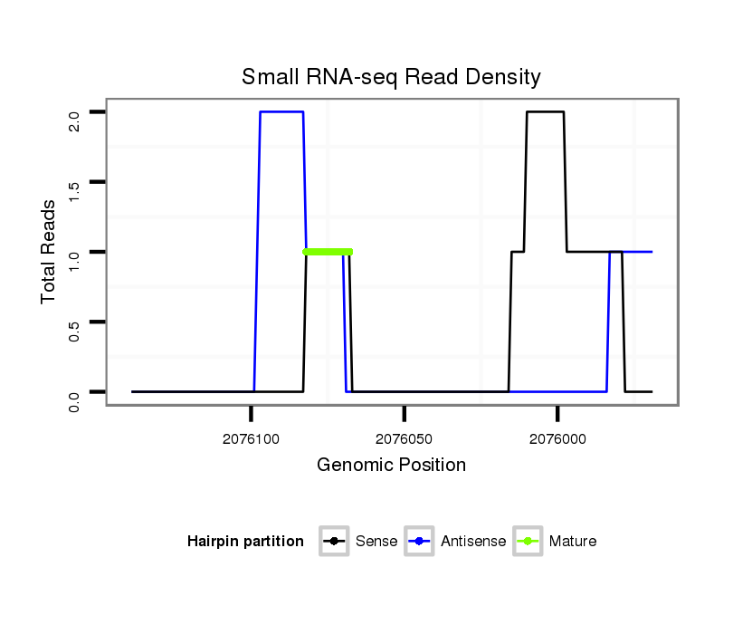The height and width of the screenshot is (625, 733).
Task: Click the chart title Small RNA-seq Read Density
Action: click(391, 77)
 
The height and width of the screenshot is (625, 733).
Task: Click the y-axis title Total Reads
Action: click(51, 251)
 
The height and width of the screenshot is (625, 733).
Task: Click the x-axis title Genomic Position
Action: click(391, 466)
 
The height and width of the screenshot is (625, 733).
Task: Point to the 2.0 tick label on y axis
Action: click(75, 120)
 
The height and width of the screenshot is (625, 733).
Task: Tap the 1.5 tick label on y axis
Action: click(75, 189)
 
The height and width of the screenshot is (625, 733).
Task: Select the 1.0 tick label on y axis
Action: click(75, 259)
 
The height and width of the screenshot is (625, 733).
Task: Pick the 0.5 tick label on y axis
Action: click(75, 329)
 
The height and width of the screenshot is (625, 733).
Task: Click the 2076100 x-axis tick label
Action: click(251, 438)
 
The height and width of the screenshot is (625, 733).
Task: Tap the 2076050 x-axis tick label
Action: click(405, 438)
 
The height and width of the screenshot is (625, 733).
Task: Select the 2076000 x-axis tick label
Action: click(557, 438)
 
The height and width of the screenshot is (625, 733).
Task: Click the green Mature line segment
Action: click(328, 252)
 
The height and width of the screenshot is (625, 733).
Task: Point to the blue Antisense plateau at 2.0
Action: click(281, 112)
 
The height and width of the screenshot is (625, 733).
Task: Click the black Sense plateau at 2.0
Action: click(545, 112)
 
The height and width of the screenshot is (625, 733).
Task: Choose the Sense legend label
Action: click(376, 542)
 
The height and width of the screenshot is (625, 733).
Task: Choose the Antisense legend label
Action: click(473, 542)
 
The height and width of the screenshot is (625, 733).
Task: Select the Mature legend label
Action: click(573, 542)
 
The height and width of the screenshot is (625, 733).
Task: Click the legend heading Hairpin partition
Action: click(245, 542)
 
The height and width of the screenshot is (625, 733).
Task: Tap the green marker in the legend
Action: click(528, 542)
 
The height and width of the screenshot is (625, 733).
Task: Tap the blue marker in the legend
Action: click(420, 542)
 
